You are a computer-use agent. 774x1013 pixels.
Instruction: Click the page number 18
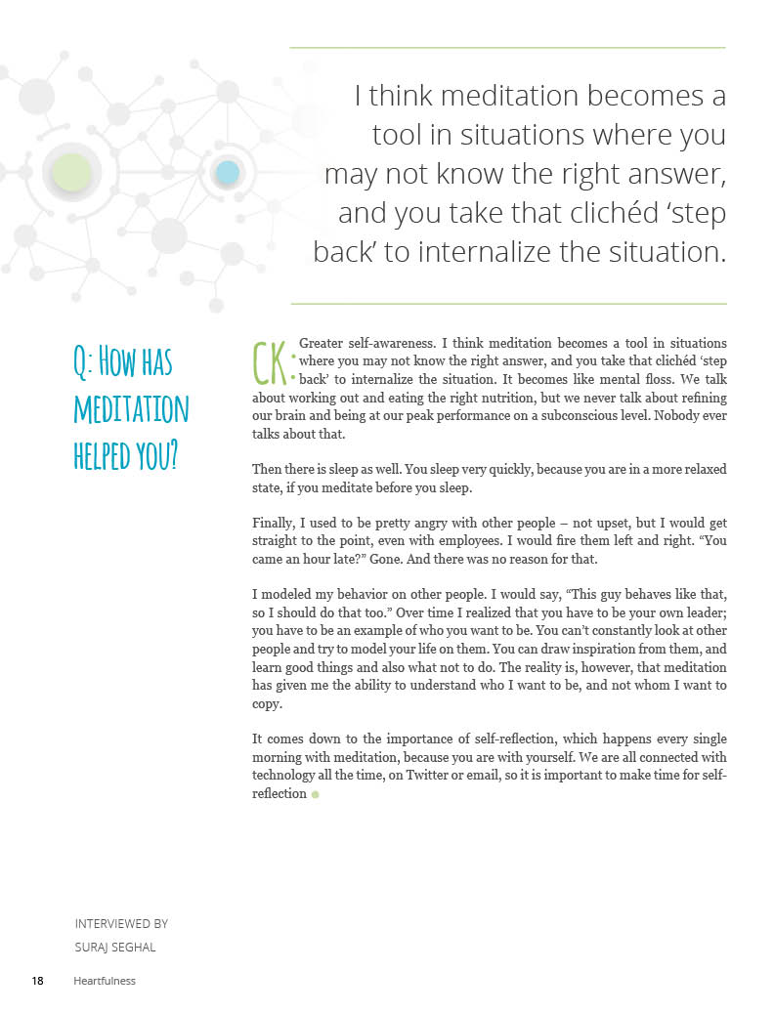[x=37, y=980]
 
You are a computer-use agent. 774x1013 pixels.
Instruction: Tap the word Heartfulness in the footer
[x=105, y=981]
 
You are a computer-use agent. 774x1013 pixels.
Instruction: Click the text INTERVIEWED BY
[x=121, y=923]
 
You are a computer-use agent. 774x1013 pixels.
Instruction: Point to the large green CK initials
[x=272, y=362]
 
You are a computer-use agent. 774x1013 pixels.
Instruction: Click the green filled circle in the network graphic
[x=71, y=173]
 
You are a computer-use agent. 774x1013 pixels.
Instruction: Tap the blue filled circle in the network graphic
[x=228, y=173]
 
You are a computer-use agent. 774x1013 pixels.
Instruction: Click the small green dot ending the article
[x=316, y=794]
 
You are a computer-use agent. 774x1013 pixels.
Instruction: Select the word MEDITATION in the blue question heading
[x=131, y=408]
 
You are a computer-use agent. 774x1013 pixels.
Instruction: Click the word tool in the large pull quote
[x=402, y=135]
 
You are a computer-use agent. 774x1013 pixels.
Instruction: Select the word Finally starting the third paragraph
[x=276, y=523]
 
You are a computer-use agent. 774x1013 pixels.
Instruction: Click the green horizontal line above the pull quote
[x=508, y=47]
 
